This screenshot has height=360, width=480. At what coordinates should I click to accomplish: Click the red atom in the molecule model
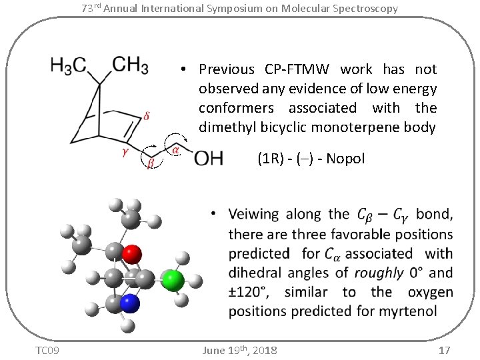132,253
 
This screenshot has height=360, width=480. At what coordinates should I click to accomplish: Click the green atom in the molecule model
172,280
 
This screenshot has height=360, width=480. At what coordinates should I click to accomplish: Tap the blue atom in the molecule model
131,305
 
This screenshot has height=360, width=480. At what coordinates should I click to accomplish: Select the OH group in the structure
208,159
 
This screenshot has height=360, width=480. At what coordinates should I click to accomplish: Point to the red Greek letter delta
146,115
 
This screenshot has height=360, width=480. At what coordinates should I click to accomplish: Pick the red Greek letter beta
150,163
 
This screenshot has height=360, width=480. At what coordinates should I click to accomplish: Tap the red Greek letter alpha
175,151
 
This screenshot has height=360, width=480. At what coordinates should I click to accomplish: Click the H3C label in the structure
69,65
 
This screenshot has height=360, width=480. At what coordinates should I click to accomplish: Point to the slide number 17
445,351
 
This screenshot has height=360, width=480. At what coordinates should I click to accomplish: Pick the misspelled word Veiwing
253,215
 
